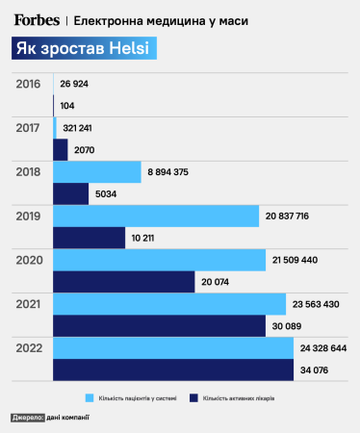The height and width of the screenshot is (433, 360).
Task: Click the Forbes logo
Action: click(38, 18)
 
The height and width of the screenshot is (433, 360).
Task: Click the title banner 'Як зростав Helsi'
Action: click(86, 51)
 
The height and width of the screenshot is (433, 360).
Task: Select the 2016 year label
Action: click(30, 84)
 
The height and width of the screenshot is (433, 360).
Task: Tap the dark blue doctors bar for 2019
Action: click(90, 237)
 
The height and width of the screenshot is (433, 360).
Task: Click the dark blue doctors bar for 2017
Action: click(61, 149)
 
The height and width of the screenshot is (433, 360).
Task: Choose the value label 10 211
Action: click(148, 238)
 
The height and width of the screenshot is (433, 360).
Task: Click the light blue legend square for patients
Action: click(90, 395)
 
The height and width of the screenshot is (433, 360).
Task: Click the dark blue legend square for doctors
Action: click(193, 395)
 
